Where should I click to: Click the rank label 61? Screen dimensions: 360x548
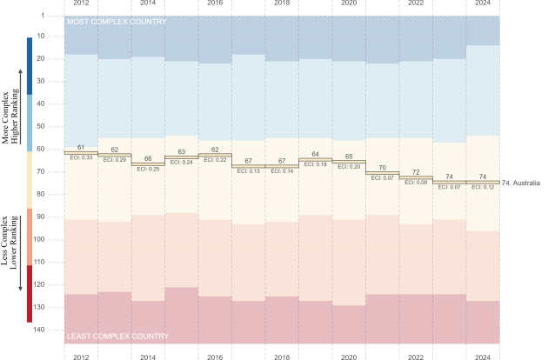80,148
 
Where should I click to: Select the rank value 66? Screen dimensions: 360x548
148,159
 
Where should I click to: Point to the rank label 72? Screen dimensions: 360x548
416,172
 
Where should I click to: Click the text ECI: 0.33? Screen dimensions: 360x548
80,157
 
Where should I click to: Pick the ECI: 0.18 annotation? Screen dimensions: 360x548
315,164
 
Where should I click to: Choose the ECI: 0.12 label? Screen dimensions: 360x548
483,187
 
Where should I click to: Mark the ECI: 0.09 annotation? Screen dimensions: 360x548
416,182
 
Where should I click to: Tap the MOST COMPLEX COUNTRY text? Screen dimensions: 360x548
117,21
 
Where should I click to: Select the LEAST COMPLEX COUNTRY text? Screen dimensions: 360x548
117,336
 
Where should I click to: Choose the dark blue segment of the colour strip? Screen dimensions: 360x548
30,65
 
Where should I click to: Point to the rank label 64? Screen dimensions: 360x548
315,155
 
